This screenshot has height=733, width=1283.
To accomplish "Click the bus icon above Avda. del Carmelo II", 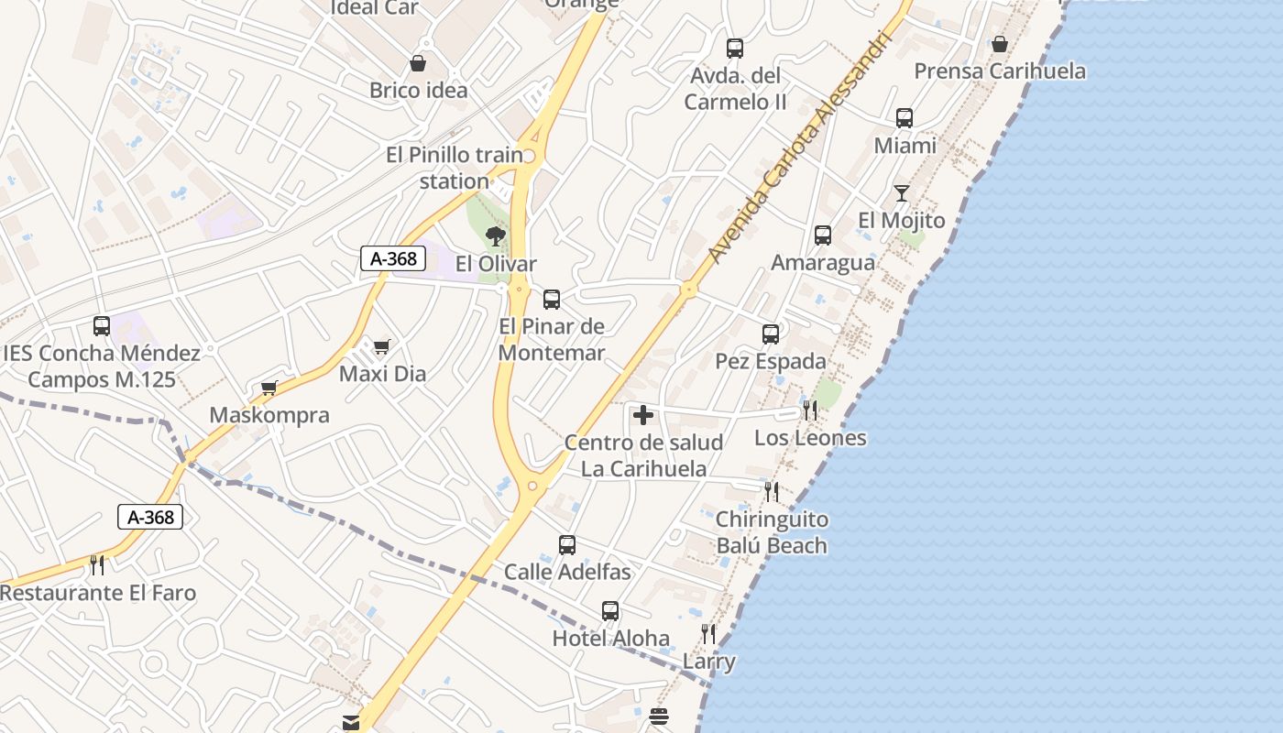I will pyautogui.click(x=734, y=49).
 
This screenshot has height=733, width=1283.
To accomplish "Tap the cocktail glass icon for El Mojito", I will pyautogui.click(x=902, y=193).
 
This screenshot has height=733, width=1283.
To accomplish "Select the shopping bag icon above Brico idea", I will pyautogui.click(x=418, y=63).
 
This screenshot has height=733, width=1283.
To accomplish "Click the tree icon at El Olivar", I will pyautogui.click(x=496, y=236).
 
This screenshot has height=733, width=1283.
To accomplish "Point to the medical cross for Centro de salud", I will pyautogui.click(x=643, y=415).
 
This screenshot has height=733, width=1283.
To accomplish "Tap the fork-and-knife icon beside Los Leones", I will pyautogui.click(x=809, y=410).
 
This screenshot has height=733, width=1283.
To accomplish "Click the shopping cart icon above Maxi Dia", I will pyautogui.click(x=381, y=346).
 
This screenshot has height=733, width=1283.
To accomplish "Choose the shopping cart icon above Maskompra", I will pyautogui.click(x=269, y=388).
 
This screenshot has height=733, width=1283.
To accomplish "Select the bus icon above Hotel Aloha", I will pyautogui.click(x=610, y=611).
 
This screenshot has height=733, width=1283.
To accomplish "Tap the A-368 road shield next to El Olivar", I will pyautogui.click(x=394, y=259).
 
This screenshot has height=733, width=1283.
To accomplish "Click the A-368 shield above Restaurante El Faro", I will pyautogui.click(x=151, y=517).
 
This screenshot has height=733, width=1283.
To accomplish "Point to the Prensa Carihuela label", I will pyautogui.click(x=1000, y=71).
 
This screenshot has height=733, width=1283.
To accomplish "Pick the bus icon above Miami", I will pyautogui.click(x=905, y=118).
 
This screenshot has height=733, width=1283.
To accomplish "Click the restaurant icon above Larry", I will pyautogui.click(x=707, y=633).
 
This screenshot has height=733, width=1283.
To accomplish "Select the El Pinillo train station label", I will pyautogui.click(x=455, y=168).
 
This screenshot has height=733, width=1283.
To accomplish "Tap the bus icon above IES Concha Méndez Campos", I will pyautogui.click(x=102, y=326).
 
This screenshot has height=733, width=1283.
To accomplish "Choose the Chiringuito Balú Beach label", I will pyautogui.click(x=772, y=532).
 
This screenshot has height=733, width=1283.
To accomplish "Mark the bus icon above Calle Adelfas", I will pyautogui.click(x=567, y=545).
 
